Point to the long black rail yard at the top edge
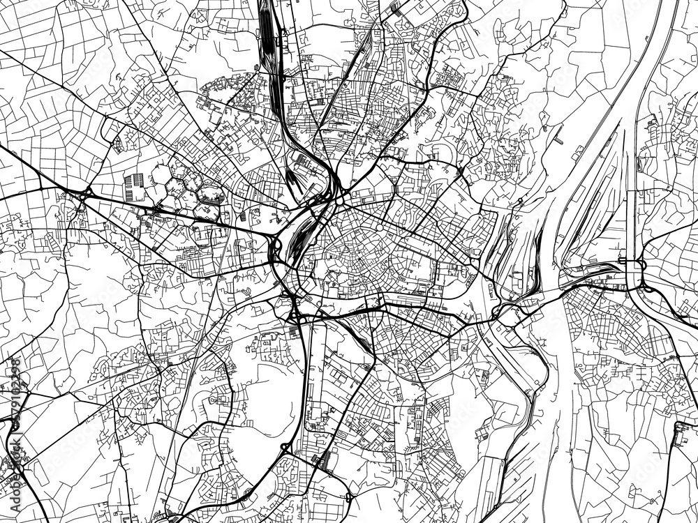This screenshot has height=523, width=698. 269,35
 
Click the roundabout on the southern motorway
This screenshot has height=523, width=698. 285,446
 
